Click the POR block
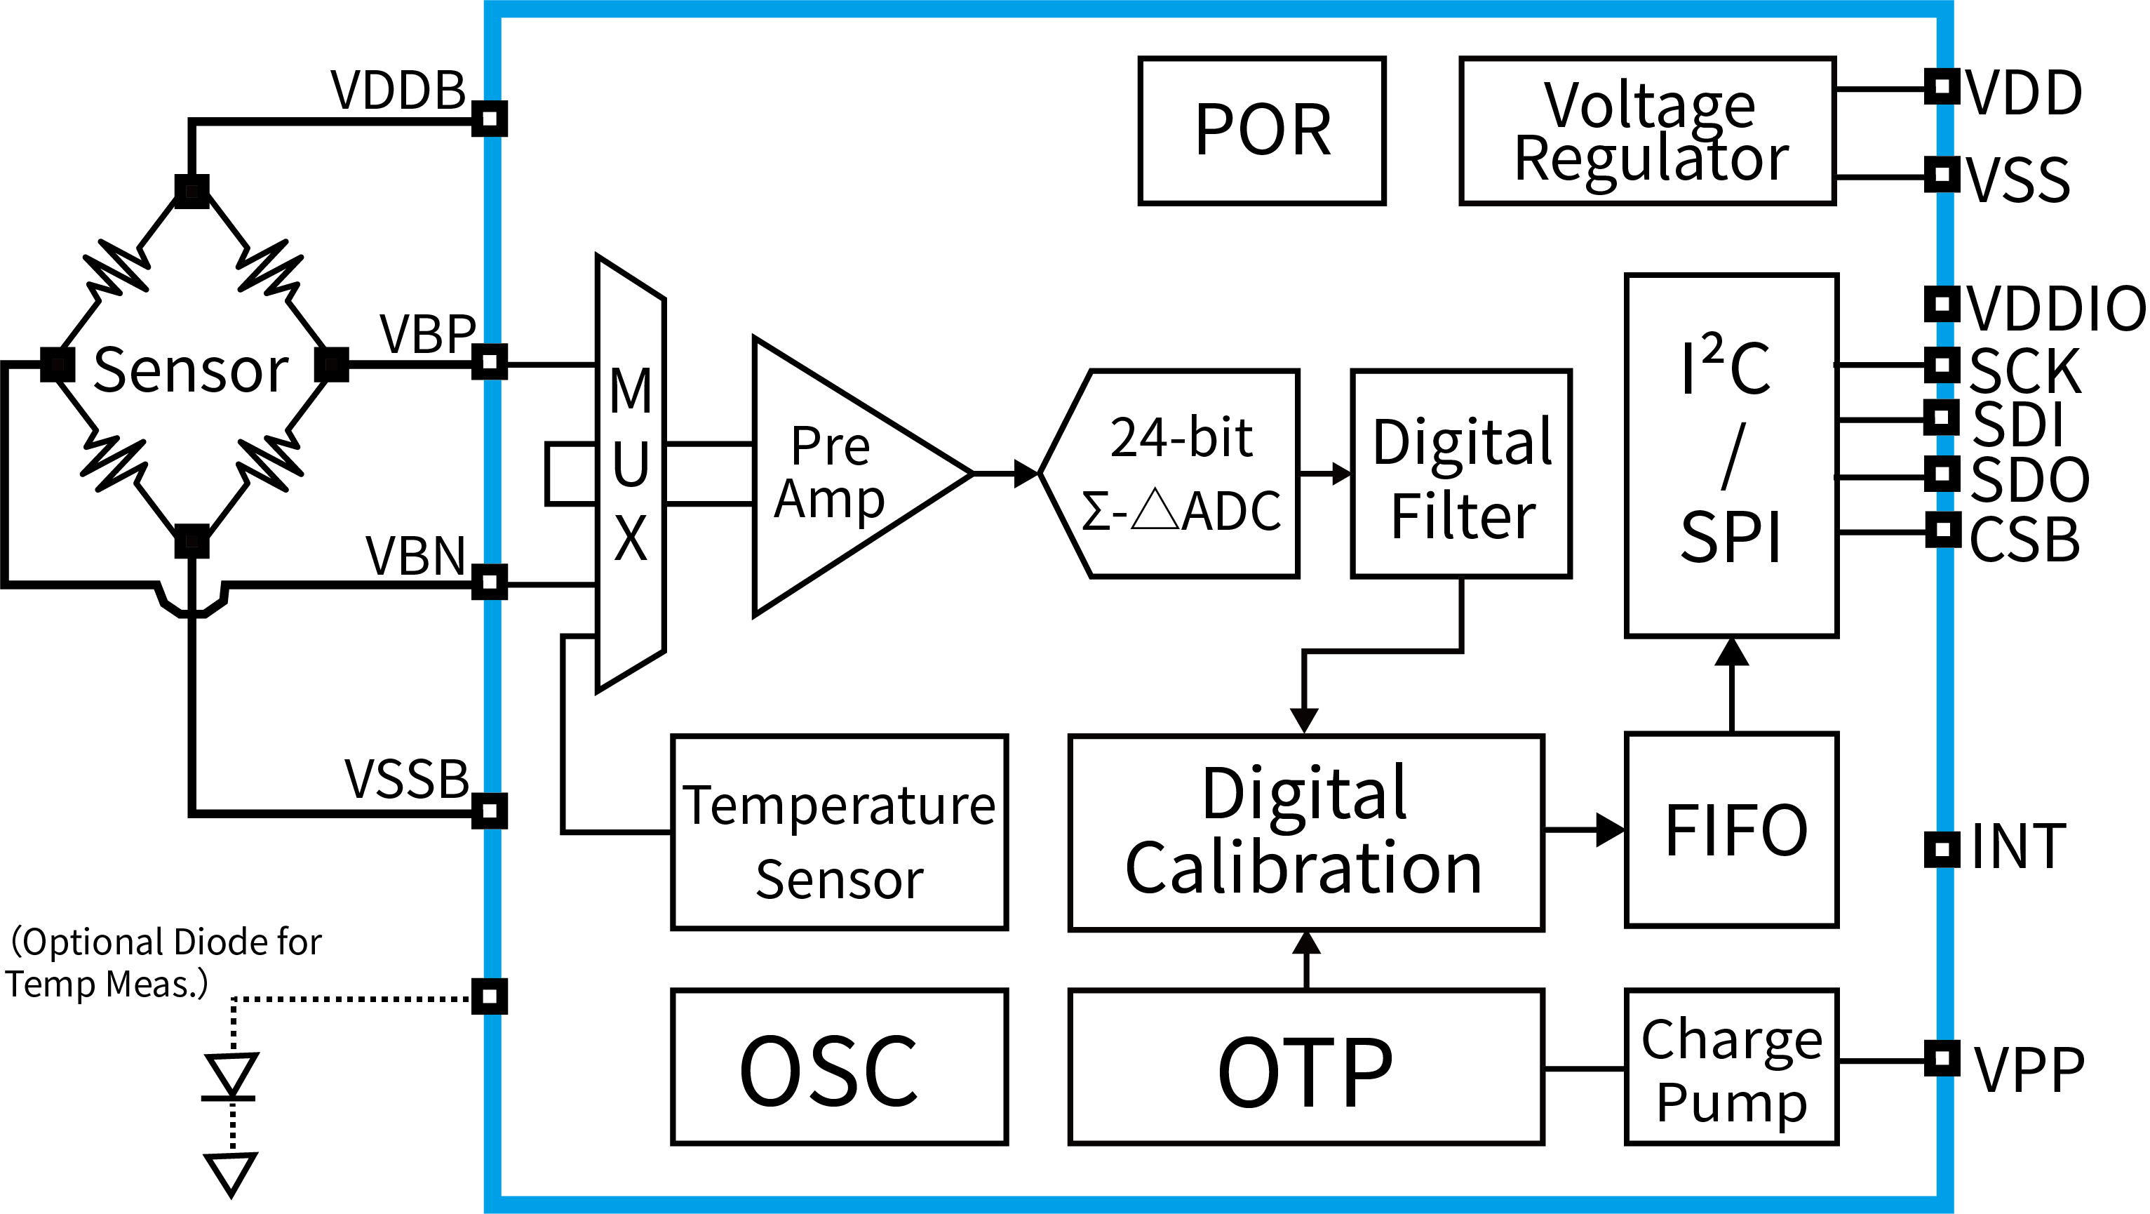pyautogui.click(x=1262, y=131)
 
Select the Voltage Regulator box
pyautogui.click(x=1648, y=131)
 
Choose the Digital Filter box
pyautogui.click(x=1461, y=474)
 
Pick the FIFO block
pyautogui.click(x=1733, y=830)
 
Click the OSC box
pyautogui.click(x=840, y=1067)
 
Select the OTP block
pyautogui.click(x=1306, y=1067)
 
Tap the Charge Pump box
pyautogui.click(x=1733, y=1067)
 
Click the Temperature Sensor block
pyautogui.click(x=840, y=832)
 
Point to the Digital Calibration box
pyautogui.click(x=1306, y=832)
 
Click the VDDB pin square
pyautogui.click(x=490, y=119)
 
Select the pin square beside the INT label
pyautogui.click(x=1942, y=849)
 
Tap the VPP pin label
pyautogui.click(x=2029, y=1069)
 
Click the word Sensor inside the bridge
pyautogui.click(x=191, y=370)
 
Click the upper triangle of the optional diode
pyautogui.click(x=232, y=1074)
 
